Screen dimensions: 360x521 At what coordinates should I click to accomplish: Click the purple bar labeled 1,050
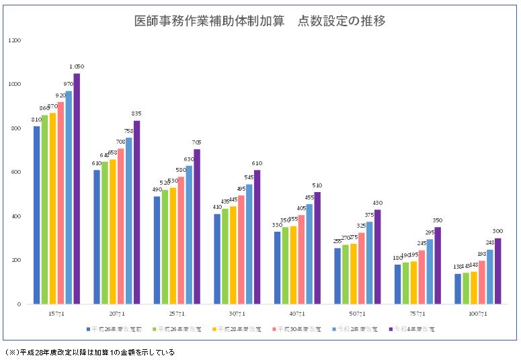click(x=77, y=188)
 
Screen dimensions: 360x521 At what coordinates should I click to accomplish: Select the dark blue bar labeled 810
click(x=37, y=215)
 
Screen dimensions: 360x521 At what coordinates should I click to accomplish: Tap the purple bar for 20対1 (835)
click(x=136, y=212)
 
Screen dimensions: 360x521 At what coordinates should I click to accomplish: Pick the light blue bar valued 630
click(x=189, y=234)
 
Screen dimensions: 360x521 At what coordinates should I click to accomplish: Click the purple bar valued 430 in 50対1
click(x=377, y=257)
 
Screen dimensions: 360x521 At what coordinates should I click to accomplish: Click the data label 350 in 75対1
click(x=438, y=220)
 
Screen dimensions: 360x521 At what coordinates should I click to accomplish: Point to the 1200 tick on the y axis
click(x=15, y=40)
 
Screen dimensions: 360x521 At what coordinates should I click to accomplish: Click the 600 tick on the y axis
click(x=16, y=172)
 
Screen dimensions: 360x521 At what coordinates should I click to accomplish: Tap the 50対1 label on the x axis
click(x=358, y=314)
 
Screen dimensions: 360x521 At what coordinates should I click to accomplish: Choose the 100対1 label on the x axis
click(x=477, y=314)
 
